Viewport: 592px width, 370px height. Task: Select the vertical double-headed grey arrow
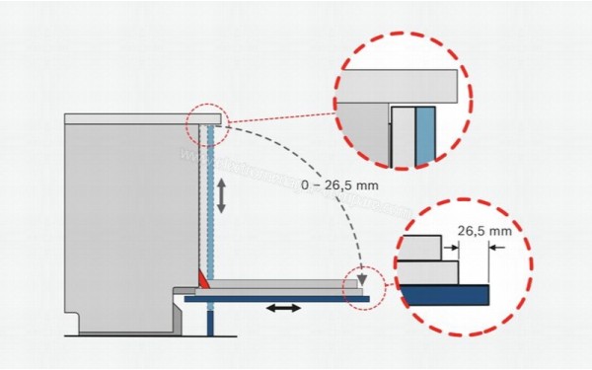click(x=222, y=195)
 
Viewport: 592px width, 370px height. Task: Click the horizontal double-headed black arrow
click(x=283, y=310)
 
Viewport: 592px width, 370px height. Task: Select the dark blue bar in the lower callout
click(x=444, y=294)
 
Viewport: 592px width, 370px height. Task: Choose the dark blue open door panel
click(x=286, y=297)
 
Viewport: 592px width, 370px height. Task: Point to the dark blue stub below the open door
click(x=211, y=320)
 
